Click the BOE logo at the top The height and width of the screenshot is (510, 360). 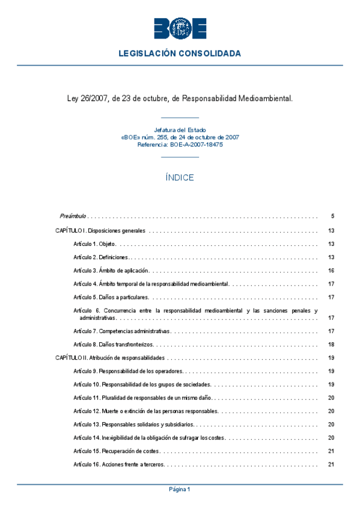click(x=180, y=28)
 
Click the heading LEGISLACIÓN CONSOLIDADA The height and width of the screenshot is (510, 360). click(x=180, y=54)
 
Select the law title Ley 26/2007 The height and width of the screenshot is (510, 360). click(x=180, y=97)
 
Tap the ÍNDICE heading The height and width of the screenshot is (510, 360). click(x=180, y=177)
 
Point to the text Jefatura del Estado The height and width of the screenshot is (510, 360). click(x=180, y=130)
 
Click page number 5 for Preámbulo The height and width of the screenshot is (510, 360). click(x=332, y=215)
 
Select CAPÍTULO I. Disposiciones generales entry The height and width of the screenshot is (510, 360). click(x=100, y=230)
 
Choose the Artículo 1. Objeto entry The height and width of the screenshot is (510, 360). click(x=94, y=244)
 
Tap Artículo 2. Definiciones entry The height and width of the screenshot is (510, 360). click(x=100, y=257)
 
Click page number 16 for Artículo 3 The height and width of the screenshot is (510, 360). click(x=331, y=270)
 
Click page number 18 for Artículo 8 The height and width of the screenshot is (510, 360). click(x=331, y=345)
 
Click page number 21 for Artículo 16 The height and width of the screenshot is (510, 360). click(x=331, y=464)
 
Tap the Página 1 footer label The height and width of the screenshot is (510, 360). click(x=180, y=490)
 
